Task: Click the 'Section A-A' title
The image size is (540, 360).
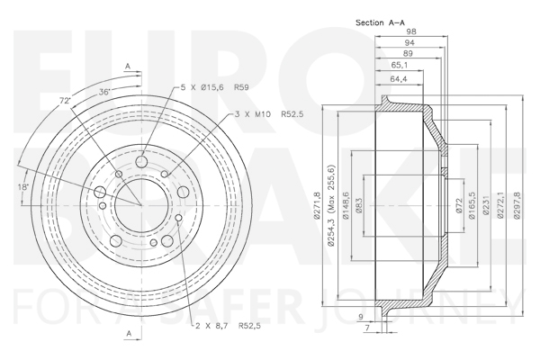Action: point(380,22)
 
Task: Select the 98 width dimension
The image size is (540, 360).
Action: point(411,31)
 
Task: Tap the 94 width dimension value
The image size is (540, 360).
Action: point(409,42)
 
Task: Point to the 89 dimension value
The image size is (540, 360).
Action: point(408,53)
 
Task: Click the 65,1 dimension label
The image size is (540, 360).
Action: point(399,65)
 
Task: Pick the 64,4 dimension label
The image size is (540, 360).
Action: point(399,79)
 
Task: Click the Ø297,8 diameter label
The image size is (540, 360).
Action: point(517,205)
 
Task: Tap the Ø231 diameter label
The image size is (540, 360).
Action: point(486,206)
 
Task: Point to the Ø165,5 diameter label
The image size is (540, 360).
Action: point(472,206)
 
